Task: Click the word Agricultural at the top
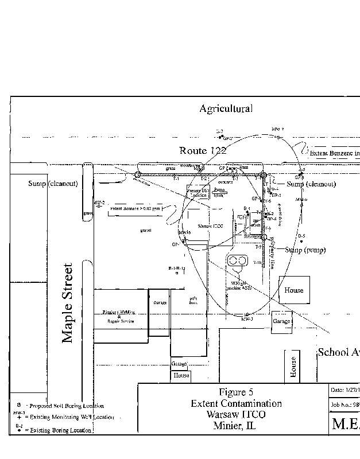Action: click(226, 108)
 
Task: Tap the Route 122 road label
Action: click(203, 151)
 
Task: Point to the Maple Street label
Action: click(68, 303)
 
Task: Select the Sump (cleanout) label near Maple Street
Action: click(53, 184)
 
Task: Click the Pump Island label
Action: click(218, 192)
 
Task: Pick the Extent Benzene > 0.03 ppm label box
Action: click(136, 208)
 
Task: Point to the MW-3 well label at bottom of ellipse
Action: click(247, 319)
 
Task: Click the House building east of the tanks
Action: click(294, 290)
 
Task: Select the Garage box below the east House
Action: click(281, 322)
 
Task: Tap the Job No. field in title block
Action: click(344, 404)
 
